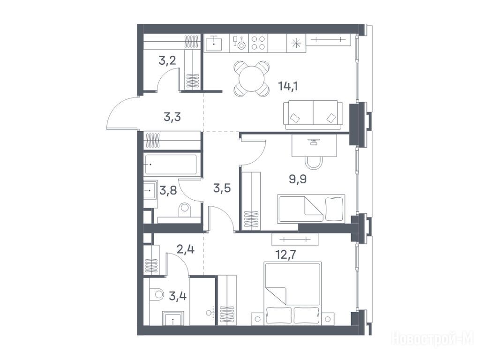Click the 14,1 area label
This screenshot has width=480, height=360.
[x=288, y=86]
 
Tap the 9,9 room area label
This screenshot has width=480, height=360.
[x=298, y=179]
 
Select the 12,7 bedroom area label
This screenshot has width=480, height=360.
[x=286, y=255]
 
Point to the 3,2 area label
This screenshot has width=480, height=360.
[x=167, y=60]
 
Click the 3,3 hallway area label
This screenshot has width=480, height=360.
[x=172, y=117]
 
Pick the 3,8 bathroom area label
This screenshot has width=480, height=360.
[x=168, y=191]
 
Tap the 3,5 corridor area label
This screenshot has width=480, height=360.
[x=222, y=188]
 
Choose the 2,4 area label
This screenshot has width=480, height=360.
[x=186, y=249]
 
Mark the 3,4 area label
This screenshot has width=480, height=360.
[x=178, y=296]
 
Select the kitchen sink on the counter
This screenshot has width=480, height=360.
[x=214, y=44]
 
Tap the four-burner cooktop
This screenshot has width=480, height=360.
[x=258, y=43]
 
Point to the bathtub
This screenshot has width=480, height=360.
[x=171, y=164]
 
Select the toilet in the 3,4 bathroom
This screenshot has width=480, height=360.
[x=157, y=294]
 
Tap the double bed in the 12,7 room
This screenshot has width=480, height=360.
[x=293, y=293]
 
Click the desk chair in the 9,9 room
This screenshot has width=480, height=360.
[x=314, y=163]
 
